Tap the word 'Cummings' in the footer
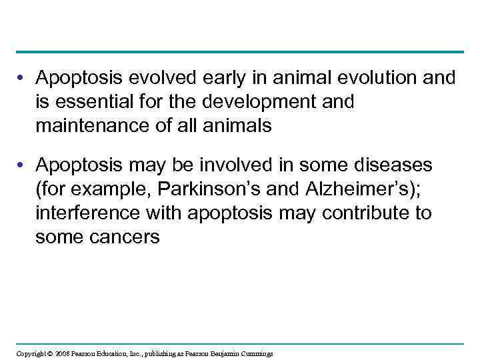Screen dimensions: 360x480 256,353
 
